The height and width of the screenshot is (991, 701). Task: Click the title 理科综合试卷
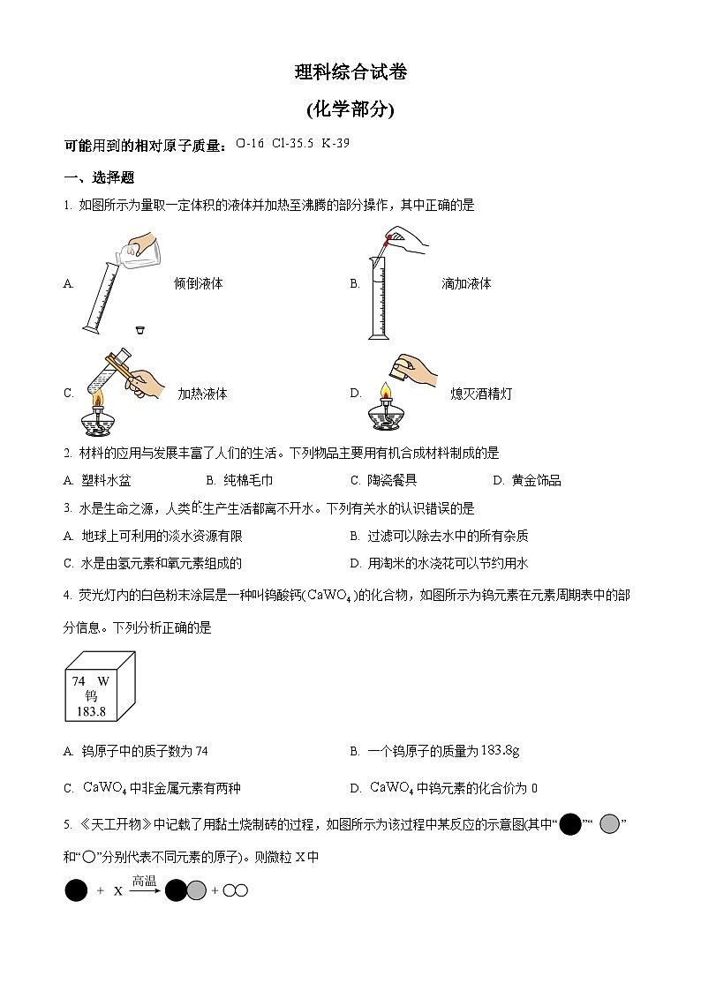[x=350, y=73]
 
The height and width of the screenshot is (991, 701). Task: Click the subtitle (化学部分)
[x=350, y=109]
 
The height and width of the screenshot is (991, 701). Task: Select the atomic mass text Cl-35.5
[x=294, y=143]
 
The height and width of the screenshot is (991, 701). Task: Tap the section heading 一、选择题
[x=99, y=177]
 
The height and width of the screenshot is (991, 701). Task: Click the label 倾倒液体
[x=199, y=284]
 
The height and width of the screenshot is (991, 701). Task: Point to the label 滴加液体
[x=466, y=284]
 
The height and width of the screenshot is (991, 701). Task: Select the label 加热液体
[x=202, y=394]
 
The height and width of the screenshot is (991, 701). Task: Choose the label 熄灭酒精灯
[x=480, y=394]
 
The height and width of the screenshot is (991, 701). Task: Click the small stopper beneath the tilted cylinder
[x=139, y=330]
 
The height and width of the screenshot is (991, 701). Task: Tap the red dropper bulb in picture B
[x=387, y=239]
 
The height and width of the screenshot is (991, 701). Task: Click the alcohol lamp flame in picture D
[x=384, y=391]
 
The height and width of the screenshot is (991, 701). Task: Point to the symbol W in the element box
[x=102, y=681]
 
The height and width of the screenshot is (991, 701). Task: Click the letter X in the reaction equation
[x=117, y=891]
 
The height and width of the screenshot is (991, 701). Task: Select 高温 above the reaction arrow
[x=144, y=881]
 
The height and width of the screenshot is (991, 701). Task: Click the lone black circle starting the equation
[x=77, y=891]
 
